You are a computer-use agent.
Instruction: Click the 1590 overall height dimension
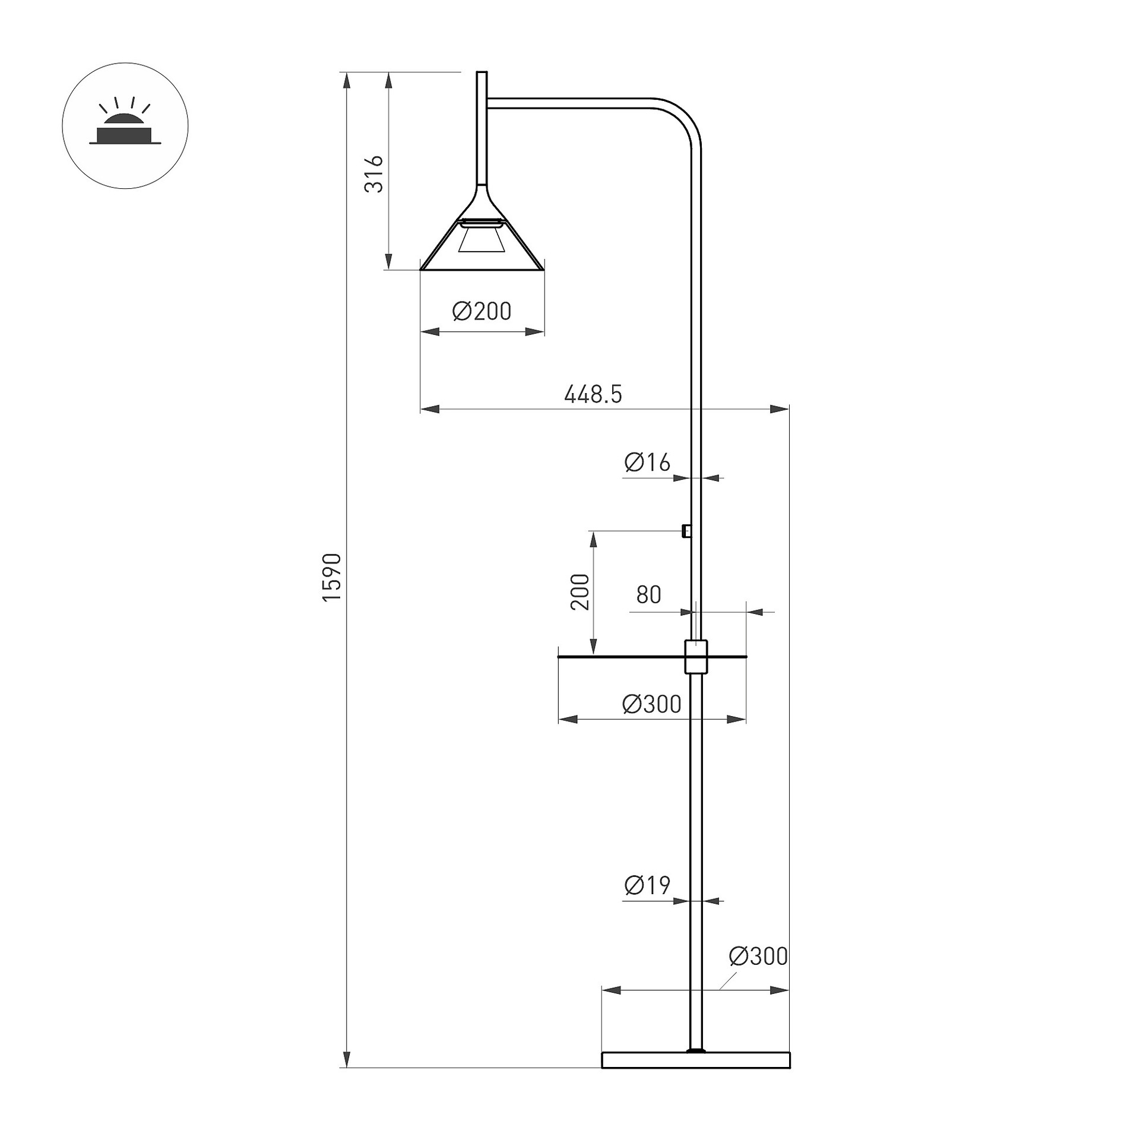(332, 577)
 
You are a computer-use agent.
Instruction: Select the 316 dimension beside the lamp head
(374, 174)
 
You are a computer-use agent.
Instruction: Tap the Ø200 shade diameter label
(482, 311)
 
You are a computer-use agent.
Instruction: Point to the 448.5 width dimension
(593, 394)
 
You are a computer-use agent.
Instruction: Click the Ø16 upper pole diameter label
(647, 462)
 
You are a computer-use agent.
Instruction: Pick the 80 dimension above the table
(648, 594)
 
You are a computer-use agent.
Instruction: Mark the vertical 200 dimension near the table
(579, 591)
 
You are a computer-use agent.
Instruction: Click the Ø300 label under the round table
(651, 704)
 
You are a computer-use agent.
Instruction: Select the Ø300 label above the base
(758, 957)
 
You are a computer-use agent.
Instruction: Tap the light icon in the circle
(125, 126)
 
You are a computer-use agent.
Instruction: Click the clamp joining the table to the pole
(696, 657)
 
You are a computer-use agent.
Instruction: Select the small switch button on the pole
(686, 530)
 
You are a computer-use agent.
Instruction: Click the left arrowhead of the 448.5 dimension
(430, 409)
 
